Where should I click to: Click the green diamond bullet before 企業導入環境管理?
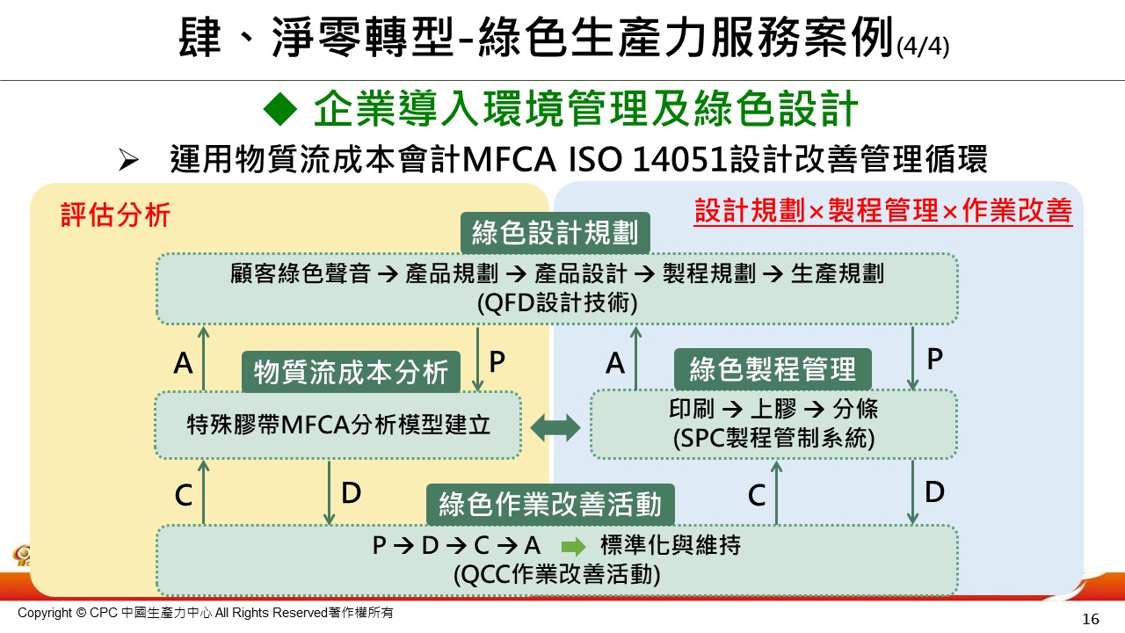[282, 111]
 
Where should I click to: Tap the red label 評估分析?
[115, 215]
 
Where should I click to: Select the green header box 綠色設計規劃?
[555, 234]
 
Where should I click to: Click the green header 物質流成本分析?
[351, 373]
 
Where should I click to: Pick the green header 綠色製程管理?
[773, 369]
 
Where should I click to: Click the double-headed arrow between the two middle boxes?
[556, 428]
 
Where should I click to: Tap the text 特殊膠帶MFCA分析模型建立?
[338, 426]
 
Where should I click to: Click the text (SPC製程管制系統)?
[773, 439]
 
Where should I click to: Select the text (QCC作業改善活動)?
[556, 574]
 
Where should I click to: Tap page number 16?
[1091, 619]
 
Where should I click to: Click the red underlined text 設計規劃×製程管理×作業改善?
[883, 212]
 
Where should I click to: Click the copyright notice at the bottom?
[207, 613]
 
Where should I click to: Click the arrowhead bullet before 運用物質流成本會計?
[130, 161]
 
